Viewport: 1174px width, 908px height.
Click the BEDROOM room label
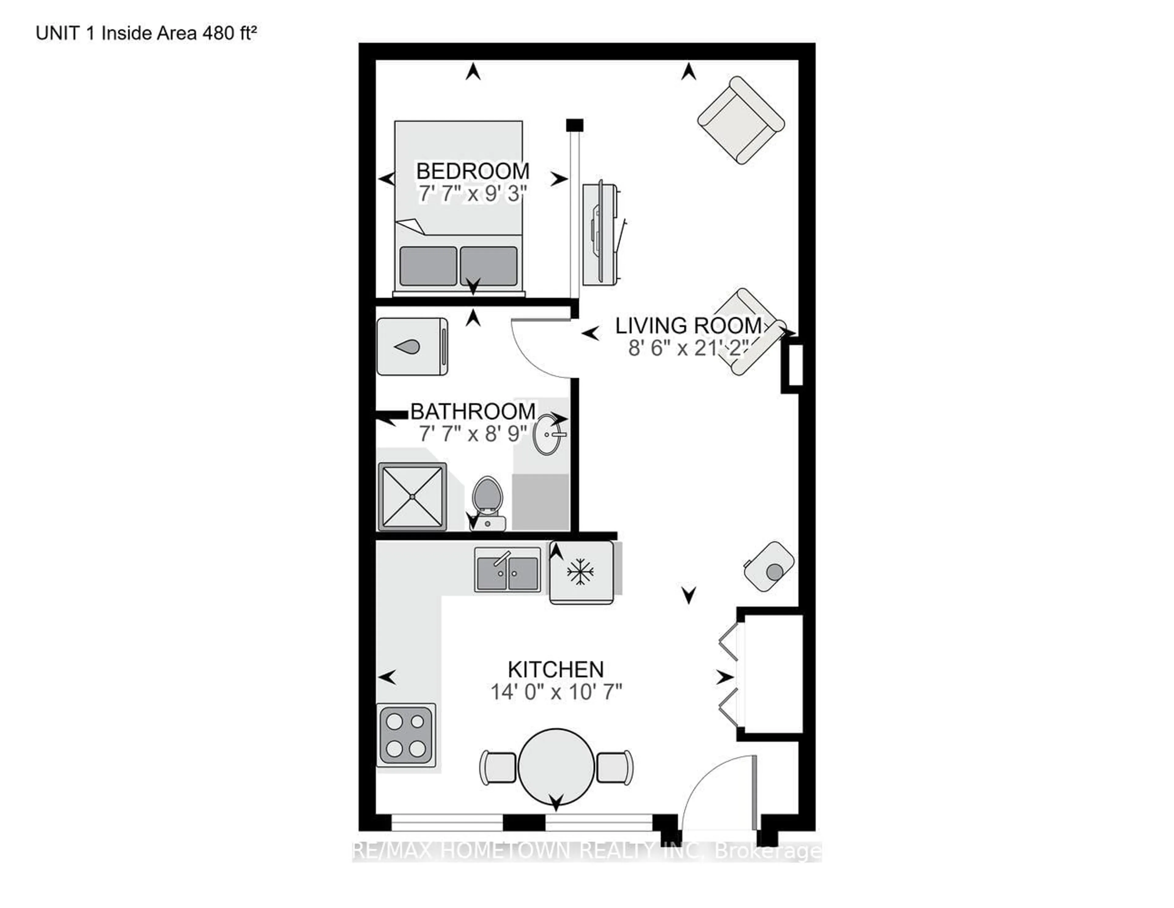[472, 171]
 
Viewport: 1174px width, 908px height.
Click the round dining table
[556, 765]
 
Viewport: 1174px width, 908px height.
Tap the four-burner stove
[405, 735]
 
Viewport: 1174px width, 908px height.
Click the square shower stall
[412, 497]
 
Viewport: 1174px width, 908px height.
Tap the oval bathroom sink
[548, 434]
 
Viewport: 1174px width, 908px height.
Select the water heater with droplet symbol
[412, 347]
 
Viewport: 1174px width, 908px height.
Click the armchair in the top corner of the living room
[740, 120]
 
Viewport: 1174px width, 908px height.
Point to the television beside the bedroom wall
[600, 233]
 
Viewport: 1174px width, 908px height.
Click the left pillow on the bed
[428, 266]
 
